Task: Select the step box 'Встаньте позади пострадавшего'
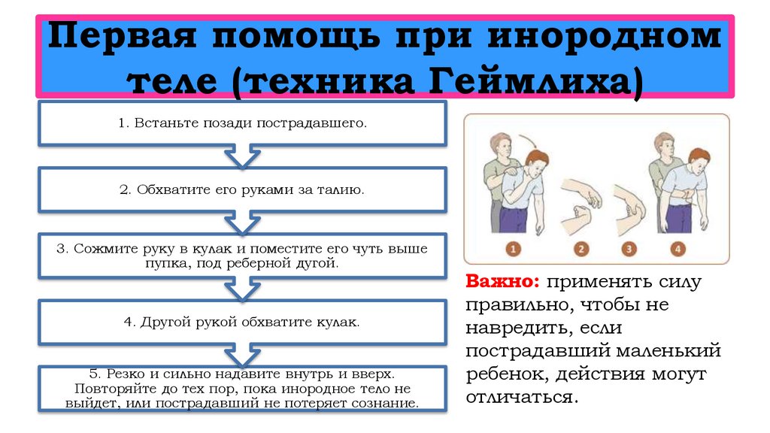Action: (242, 123)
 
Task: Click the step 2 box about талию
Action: (242, 189)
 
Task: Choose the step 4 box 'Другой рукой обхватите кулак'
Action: (242, 322)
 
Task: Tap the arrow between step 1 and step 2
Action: (242, 157)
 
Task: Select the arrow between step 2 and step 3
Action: (242, 223)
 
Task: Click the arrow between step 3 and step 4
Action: (242, 289)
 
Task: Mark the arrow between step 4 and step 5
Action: (242, 354)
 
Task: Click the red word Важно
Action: (502, 283)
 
